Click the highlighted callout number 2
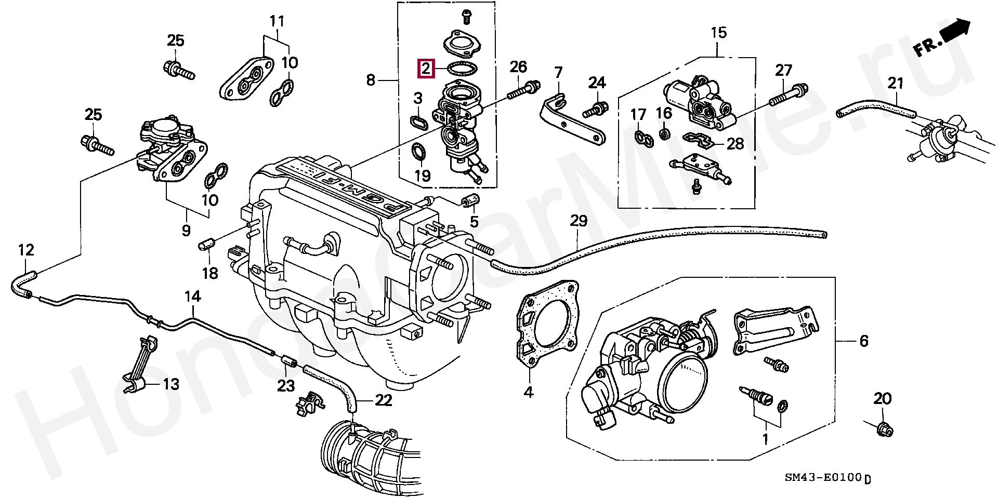(x=426, y=68)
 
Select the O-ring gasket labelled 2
(x=463, y=69)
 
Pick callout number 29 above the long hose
(x=579, y=221)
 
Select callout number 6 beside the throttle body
(x=863, y=341)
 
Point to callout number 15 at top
(x=718, y=33)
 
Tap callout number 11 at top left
(x=277, y=21)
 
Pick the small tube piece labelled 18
(x=206, y=243)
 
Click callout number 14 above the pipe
(x=192, y=297)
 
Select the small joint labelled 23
(x=289, y=360)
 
